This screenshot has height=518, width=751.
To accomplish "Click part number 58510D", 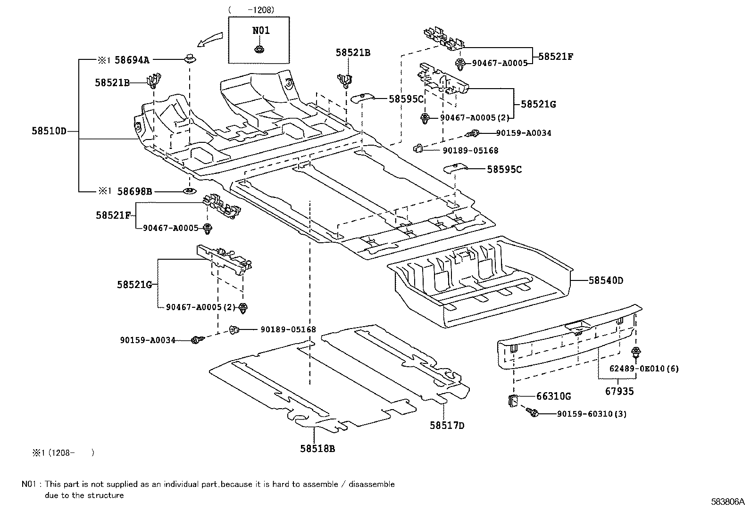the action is tap(49, 131).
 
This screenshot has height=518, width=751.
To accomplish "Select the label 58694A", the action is tap(132, 60).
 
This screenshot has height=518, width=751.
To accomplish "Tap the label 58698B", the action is tap(134, 191).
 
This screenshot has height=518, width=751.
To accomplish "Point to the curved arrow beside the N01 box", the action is tap(210, 40).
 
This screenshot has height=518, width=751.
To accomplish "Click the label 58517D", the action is tap(447, 425).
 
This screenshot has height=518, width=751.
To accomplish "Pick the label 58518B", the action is tap(317, 448).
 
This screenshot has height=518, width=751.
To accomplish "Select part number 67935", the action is tap(619, 391).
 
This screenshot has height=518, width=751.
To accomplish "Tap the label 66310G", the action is tap(553, 396).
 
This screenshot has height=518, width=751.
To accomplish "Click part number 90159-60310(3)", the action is tap(592, 414).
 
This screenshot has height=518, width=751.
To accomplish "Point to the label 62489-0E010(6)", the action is tap(644, 369).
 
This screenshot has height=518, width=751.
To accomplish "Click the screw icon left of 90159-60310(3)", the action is tap(532, 412).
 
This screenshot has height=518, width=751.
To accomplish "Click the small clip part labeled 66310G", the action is tap(513, 400).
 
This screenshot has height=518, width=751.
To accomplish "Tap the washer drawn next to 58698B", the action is tap(190, 191).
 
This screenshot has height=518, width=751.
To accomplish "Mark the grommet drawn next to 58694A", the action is tap(190, 58).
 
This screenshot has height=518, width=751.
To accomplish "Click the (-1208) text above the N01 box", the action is tap(251, 10).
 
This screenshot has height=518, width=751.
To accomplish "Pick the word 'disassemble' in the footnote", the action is tap(371, 484).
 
